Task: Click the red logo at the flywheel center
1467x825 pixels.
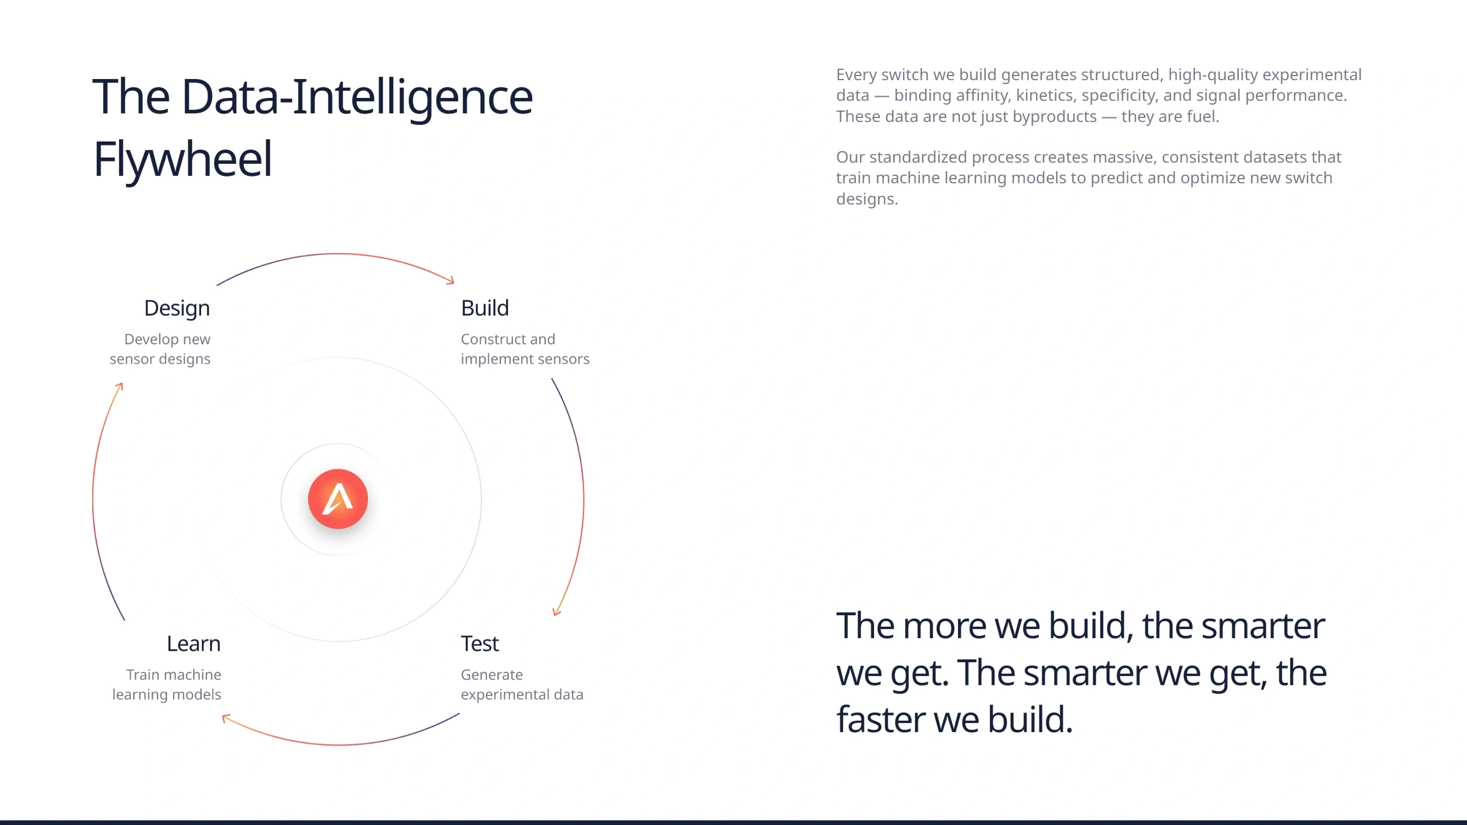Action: point(338,498)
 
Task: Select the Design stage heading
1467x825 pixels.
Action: point(177,309)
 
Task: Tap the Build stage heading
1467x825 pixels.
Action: point(485,308)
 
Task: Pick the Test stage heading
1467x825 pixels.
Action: point(480,644)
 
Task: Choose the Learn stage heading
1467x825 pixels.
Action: point(194,644)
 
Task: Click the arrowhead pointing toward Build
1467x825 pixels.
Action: point(450,280)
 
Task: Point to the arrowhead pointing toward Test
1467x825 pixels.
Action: point(556,611)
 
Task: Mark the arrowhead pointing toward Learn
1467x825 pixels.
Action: point(226,718)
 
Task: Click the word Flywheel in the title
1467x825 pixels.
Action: point(183,160)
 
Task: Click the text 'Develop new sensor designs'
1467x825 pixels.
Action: point(160,349)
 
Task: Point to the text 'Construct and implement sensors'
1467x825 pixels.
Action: point(525,349)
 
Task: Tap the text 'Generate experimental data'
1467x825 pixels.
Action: point(522,685)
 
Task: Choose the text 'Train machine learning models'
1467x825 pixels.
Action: point(167,685)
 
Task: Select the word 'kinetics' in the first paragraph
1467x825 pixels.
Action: point(1046,95)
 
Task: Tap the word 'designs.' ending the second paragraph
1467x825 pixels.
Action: point(867,199)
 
